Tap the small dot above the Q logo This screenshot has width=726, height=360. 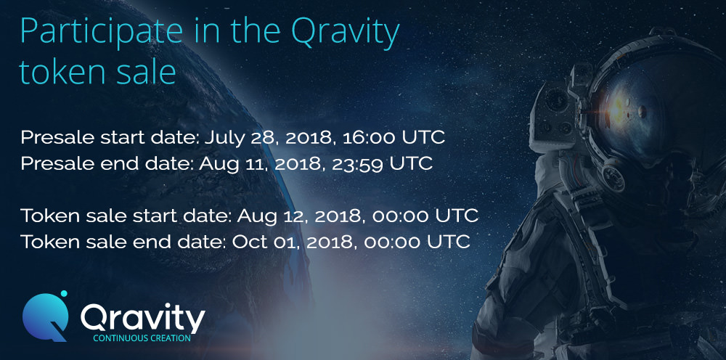63,293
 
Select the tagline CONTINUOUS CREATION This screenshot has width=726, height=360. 142,338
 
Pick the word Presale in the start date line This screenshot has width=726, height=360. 47,138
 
